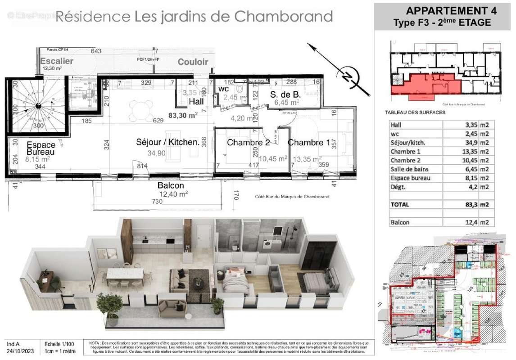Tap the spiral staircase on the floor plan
[38, 106]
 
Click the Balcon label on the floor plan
[171, 185]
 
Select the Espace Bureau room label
[41, 148]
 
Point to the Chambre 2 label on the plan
[248, 143]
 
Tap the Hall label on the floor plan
[196, 102]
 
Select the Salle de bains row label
[409, 169]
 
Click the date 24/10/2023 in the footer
[21, 351]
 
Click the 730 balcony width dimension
[158, 202]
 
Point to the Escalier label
[56, 61]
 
